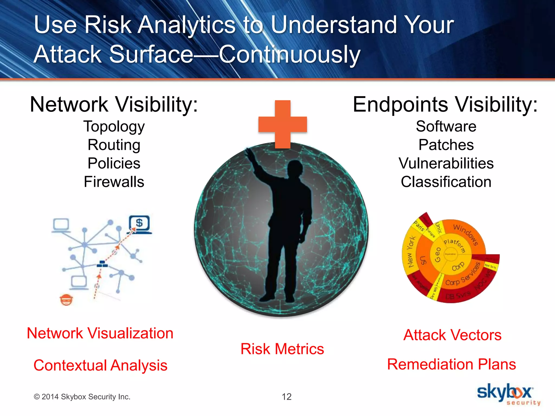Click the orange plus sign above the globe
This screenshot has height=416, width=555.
pos(283,124)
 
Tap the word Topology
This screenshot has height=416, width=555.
pos(114,126)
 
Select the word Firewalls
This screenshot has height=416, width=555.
pos(114,182)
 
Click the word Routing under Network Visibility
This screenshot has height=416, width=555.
pos(114,145)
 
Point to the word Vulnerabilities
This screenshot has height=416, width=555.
pos(446,163)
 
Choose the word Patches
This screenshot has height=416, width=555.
pos(446,145)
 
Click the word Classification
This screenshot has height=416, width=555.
pos(446,182)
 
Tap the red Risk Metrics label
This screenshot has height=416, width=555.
pos(282,349)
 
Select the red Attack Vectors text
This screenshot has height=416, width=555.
pos(452,335)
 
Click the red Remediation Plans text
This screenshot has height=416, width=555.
pos(451,364)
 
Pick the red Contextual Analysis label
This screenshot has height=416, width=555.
pos(100,365)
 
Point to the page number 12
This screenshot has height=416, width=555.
pos(286,397)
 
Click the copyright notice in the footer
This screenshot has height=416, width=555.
pos(82,397)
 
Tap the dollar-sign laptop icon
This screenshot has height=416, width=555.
pos(139,224)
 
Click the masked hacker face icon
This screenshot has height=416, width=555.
pos(66,300)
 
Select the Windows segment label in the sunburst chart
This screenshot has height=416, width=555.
pos(466,235)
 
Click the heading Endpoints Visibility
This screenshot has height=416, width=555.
pos(445,105)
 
